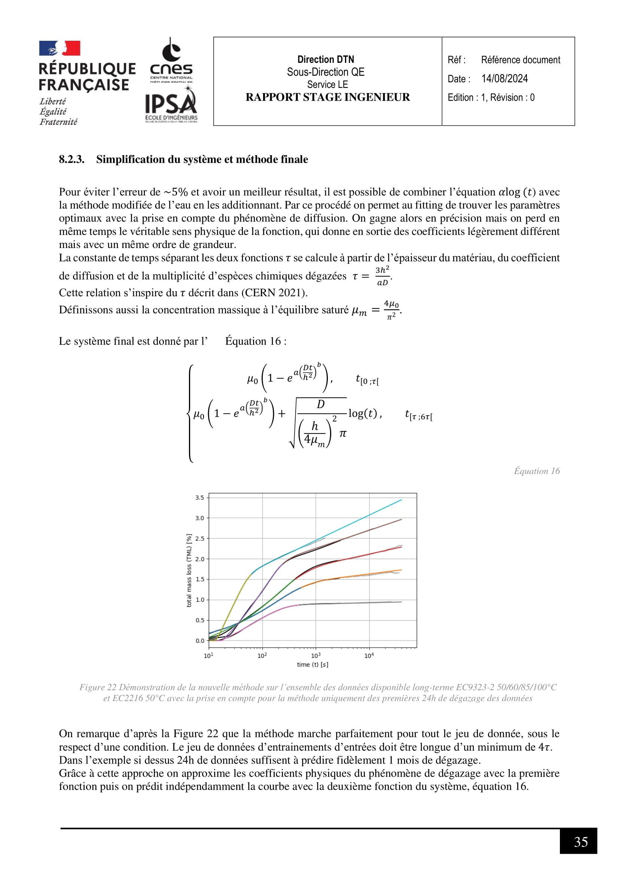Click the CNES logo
point(171,60)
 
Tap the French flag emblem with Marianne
point(60,48)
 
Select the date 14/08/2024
point(504,79)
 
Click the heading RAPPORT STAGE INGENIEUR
point(327,97)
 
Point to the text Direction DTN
point(326,59)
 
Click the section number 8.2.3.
point(71,159)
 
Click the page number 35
point(580,841)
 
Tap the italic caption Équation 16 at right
point(537,471)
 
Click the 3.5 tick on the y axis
point(199,498)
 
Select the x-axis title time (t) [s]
point(312,665)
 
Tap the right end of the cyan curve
point(401,500)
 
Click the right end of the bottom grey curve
point(401,602)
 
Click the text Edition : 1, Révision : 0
point(491,98)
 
